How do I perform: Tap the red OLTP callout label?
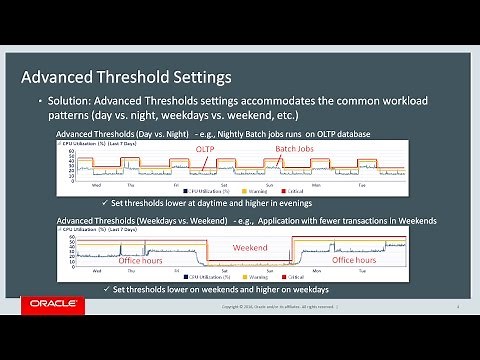point(205,149)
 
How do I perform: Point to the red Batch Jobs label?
point(295,149)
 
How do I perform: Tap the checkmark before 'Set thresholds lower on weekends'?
point(107,289)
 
